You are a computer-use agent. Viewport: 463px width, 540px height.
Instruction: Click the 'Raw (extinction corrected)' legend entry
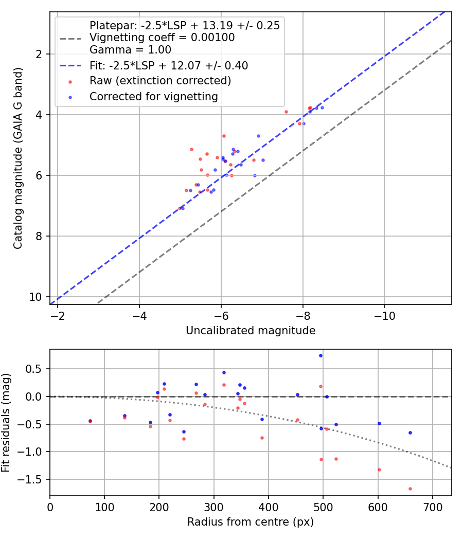pos(160,81)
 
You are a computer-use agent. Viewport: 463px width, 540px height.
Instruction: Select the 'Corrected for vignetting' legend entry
pos(153,97)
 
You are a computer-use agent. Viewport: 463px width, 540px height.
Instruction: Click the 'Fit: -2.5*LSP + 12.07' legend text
pos(168,66)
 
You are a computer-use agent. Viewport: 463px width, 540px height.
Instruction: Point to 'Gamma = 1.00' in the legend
pos(130,50)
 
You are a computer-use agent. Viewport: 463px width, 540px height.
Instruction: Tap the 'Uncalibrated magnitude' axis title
pos(251,330)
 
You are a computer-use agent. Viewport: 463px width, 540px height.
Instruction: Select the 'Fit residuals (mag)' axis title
pos(6,422)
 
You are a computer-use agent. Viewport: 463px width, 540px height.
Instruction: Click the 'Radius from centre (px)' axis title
pos(251,522)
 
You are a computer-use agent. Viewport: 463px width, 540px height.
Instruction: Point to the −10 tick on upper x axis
pos(384,316)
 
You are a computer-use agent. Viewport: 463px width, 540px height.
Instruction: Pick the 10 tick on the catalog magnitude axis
pos(39,297)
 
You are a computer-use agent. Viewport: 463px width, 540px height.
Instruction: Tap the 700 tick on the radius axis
pos(432,507)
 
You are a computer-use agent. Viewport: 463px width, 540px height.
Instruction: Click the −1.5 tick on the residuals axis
pos(32,479)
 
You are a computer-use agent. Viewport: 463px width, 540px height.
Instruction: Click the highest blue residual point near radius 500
pos(320,355)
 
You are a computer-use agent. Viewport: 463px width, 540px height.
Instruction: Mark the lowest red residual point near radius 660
pos(410,489)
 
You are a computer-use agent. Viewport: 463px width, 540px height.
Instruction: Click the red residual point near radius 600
pos(379,470)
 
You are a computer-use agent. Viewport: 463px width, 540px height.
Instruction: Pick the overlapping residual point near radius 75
pos(91,421)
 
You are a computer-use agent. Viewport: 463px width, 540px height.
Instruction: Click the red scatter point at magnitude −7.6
pos(286,112)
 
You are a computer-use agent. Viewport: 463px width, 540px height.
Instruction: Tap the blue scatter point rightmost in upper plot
pos(322,107)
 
